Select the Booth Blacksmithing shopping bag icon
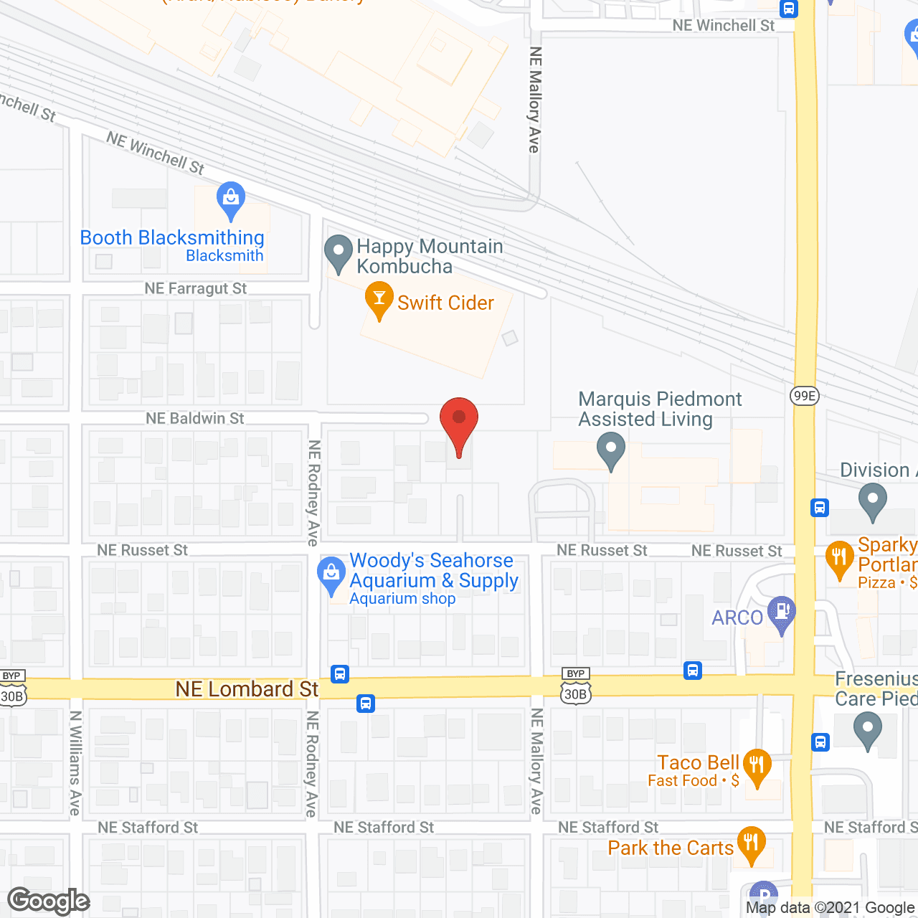pyautogui.click(x=230, y=199)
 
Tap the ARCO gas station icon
pyautogui.click(x=781, y=613)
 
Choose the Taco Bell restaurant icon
pyautogui.click(x=757, y=765)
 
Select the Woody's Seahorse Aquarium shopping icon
pyautogui.click(x=331, y=574)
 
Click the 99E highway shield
pyautogui.click(x=804, y=395)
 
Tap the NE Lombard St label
pyautogui.click(x=247, y=689)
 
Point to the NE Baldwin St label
pyautogui.click(x=195, y=418)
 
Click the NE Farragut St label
pyautogui.click(x=195, y=288)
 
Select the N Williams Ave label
pyautogui.click(x=75, y=762)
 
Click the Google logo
pyautogui.click(x=48, y=901)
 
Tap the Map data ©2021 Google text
pyautogui.click(x=830, y=908)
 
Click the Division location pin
pyautogui.click(x=872, y=501)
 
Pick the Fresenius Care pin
pyautogui.click(x=867, y=732)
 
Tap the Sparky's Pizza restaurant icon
pyautogui.click(x=838, y=559)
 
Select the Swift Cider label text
pyautogui.click(x=445, y=303)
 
